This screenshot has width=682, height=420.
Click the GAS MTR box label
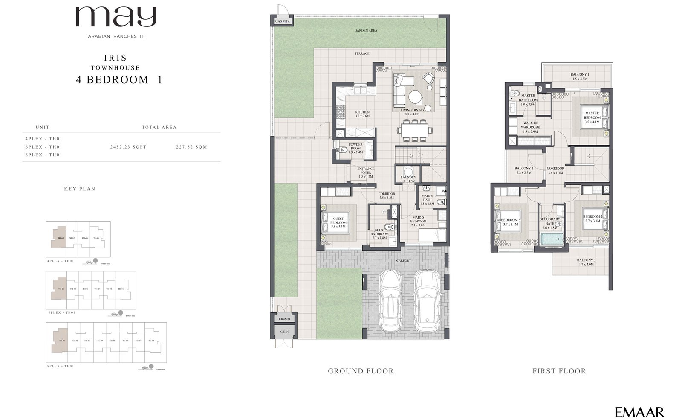point(282,21)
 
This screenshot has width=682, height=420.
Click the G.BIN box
point(282,332)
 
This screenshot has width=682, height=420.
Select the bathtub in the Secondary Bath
point(552,239)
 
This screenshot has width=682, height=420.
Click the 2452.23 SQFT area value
point(128,147)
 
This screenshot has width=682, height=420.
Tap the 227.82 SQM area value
point(191,147)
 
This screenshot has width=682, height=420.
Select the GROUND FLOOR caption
point(361,371)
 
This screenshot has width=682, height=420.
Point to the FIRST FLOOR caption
point(559,371)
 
